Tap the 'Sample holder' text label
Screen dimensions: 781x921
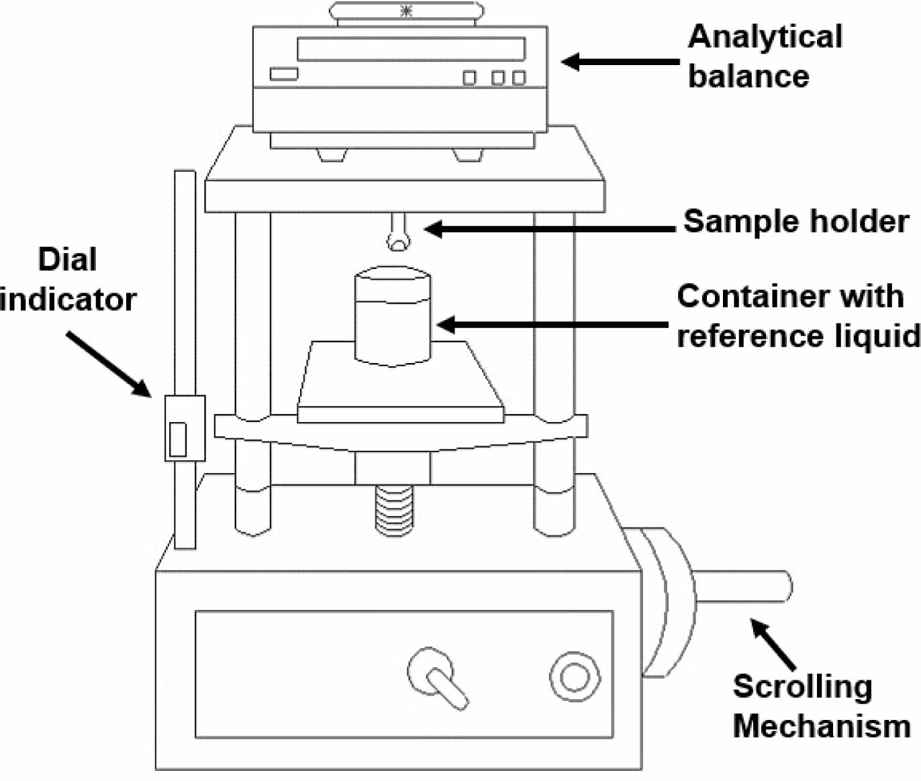(x=795, y=221)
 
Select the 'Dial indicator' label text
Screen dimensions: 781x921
(x=67, y=279)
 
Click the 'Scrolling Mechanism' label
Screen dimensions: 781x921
(x=820, y=706)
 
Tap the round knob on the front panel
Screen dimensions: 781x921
(x=575, y=676)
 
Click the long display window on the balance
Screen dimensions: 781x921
(x=410, y=48)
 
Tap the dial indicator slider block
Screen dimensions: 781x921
(x=184, y=428)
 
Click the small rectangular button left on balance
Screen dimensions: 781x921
(x=283, y=74)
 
